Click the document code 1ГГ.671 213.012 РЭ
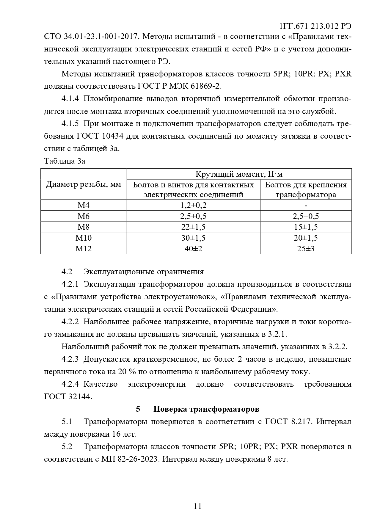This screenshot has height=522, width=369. click(315, 26)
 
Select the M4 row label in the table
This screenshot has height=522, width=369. click(84, 205)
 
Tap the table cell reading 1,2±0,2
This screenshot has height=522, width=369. click(193, 205)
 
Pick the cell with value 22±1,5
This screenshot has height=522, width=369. click(193, 227)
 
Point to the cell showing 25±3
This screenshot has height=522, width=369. click(306, 249)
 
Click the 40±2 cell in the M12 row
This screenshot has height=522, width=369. click(193, 249)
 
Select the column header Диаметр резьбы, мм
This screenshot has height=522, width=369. click(84, 184)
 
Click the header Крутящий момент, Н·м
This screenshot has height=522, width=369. click(239, 174)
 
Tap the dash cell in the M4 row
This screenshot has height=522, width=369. click(306, 205)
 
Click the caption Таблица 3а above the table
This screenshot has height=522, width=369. click(65, 161)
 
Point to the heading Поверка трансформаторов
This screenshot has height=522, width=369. click(206, 409)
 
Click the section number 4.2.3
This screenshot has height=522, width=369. click(70, 359)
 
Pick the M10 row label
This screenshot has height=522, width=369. click(84, 238)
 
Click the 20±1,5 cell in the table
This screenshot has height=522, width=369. click(306, 238)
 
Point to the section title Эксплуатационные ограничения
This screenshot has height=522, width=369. click(144, 272)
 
